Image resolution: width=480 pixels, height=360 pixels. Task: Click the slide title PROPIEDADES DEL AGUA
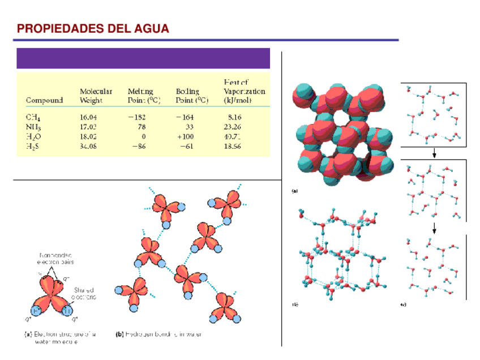(93, 29)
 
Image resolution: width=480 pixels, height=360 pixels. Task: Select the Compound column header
(44, 101)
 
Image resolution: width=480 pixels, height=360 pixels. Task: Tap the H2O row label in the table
(33, 136)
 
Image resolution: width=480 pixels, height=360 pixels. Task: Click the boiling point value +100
(185, 136)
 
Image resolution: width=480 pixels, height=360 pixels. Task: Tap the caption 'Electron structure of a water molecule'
(60, 338)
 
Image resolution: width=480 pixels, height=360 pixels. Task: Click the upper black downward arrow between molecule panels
(434, 153)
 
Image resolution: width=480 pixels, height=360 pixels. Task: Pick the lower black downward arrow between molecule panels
(434, 228)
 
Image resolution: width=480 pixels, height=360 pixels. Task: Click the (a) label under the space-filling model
(294, 191)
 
